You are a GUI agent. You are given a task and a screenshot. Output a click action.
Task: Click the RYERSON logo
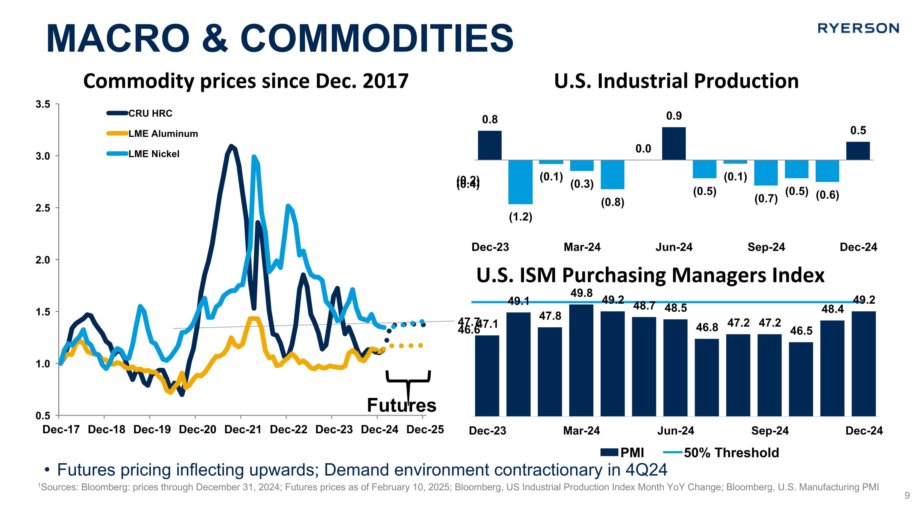pyautogui.click(x=858, y=28)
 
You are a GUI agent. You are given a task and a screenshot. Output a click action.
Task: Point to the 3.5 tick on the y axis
pyautogui.click(x=43, y=104)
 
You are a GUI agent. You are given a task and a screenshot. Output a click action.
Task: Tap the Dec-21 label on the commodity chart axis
pyautogui.click(x=243, y=429)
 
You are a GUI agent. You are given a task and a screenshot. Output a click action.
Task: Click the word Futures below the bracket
pyautogui.click(x=402, y=405)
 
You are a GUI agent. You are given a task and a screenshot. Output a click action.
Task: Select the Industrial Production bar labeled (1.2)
pyautogui.click(x=520, y=182)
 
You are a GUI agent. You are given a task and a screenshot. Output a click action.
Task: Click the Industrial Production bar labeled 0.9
pyautogui.click(x=674, y=143)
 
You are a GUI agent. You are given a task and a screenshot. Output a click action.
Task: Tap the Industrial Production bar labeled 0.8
pyautogui.click(x=490, y=145)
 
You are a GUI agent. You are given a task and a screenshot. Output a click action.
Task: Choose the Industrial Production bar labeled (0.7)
pyautogui.click(x=766, y=173)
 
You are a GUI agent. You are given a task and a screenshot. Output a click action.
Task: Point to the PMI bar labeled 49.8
pyautogui.click(x=581, y=360)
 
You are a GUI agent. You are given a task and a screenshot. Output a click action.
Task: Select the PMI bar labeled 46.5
pyautogui.click(x=801, y=379)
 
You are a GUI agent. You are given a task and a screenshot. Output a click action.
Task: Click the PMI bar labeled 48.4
pyautogui.click(x=832, y=368)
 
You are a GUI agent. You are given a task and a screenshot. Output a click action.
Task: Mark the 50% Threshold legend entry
pyautogui.click(x=721, y=453)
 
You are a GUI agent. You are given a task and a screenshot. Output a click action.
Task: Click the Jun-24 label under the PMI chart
pyautogui.click(x=676, y=431)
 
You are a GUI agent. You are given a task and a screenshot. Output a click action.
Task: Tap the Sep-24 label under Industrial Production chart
pyautogui.click(x=766, y=247)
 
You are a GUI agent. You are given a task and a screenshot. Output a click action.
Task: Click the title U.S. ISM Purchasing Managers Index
pyautogui.click(x=650, y=275)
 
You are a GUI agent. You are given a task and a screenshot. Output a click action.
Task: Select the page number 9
pyautogui.click(x=907, y=496)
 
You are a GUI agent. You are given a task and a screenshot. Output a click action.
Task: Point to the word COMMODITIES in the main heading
pyautogui.click(x=377, y=38)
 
